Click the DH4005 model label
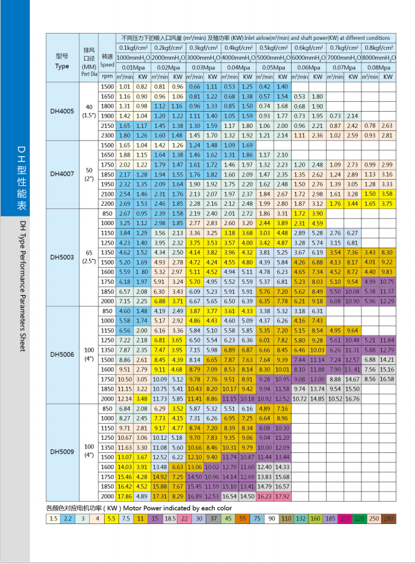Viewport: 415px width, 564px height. coord(62,113)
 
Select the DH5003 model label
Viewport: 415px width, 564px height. coord(62,256)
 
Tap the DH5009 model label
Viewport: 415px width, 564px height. coord(62,450)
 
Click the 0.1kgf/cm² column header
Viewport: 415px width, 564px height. coord(133,47)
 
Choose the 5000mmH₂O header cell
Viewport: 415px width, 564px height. coord(273,57)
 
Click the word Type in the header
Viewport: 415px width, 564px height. coord(62,66)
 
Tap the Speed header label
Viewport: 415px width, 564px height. coord(107,64)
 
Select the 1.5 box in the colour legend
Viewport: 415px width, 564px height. coord(53,518)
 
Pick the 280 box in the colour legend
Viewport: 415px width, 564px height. coord(388,518)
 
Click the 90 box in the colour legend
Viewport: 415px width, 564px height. coord(272,518)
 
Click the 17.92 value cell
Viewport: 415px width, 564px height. coord(283,496)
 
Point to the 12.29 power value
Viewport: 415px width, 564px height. coord(387,301)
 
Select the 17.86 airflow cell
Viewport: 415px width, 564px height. coord(125,496)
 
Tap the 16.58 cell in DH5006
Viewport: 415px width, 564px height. coord(387,379)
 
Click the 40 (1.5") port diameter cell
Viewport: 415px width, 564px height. coord(89,113)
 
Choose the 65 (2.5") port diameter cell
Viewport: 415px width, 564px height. coord(89,256)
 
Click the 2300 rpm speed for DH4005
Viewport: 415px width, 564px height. coord(107,135)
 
